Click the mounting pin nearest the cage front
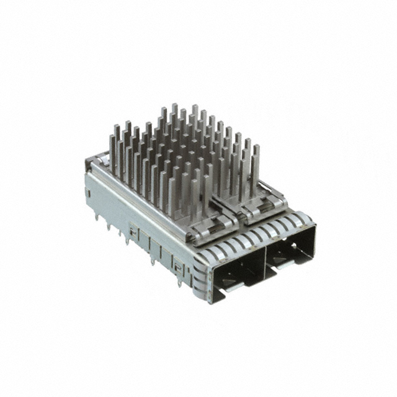pyautogui.click(x=179, y=282)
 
